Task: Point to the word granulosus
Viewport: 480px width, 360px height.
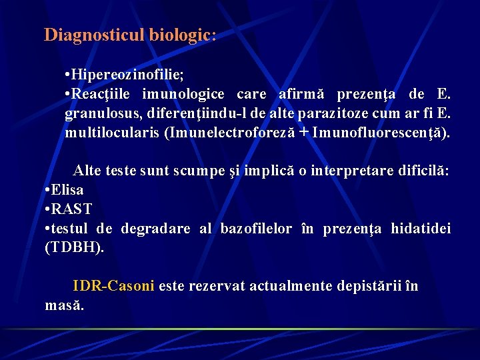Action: coord(99,113)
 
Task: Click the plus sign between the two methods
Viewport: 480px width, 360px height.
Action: coord(304,132)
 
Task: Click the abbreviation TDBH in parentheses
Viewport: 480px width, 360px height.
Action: coord(73,248)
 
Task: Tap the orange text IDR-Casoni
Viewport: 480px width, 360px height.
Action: coord(113,286)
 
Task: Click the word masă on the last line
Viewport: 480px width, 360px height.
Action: coord(64,305)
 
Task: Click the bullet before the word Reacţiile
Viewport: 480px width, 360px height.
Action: coord(69,94)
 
